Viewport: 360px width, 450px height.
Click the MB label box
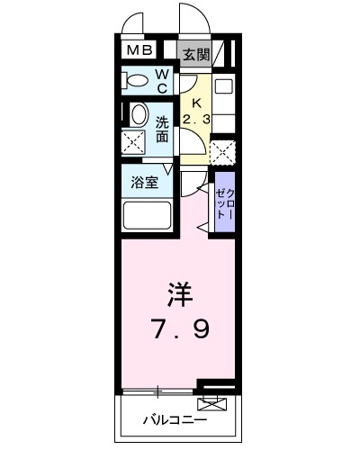tap(139, 52)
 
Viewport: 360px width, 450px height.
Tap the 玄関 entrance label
tap(195, 54)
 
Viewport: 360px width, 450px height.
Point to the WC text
tap(162, 82)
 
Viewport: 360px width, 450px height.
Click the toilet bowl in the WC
tap(137, 81)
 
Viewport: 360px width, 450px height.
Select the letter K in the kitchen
tap(195, 103)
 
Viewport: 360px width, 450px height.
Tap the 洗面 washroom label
tap(163, 130)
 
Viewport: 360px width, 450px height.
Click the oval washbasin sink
tap(139, 115)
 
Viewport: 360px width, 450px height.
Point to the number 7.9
tap(180, 330)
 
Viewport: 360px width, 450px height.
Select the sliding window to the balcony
tap(158, 391)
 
